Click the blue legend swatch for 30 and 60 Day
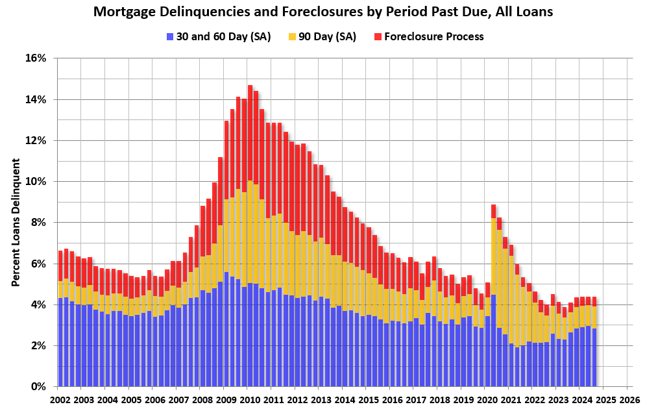(170, 36)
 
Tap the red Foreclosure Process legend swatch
(378, 36)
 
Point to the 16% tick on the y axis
(36, 58)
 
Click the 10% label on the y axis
(36, 182)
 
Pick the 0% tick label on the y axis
(39, 387)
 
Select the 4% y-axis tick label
(39, 304)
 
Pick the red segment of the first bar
(60, 266)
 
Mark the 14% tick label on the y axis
(36, 99)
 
